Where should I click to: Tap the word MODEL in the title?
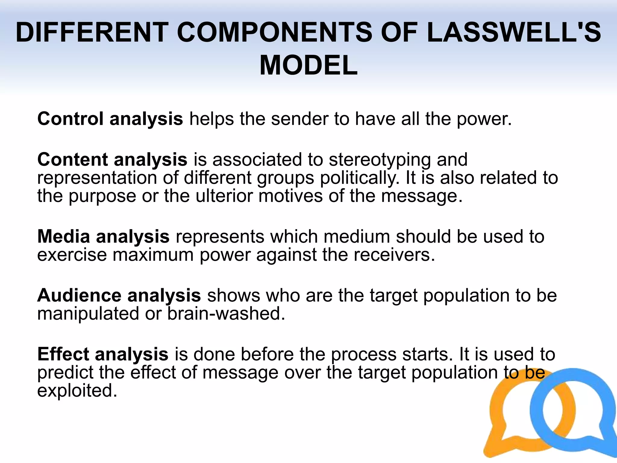(308, 65)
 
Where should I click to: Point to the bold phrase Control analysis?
(110, 119)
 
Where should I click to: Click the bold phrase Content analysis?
(112, 159)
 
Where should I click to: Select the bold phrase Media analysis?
(103, 236)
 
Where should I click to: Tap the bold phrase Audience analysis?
(119, 295)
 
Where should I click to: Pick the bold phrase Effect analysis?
(103, 354)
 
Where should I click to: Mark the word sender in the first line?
(299, 119)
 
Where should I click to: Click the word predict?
(65, 373)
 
